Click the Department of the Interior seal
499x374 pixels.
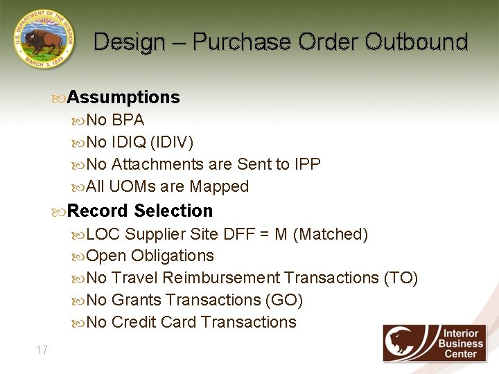coord(43,39)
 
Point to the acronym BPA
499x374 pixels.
coord(128,121)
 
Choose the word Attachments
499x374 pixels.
coord(157,165)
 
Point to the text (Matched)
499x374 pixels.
coord(331,234)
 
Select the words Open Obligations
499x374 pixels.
coord(150,256)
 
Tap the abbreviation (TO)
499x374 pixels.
coord(401,278)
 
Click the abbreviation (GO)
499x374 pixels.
coord(284,301)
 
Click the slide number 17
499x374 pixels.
coord(42,350)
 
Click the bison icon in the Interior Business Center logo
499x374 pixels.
coord(409,343)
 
